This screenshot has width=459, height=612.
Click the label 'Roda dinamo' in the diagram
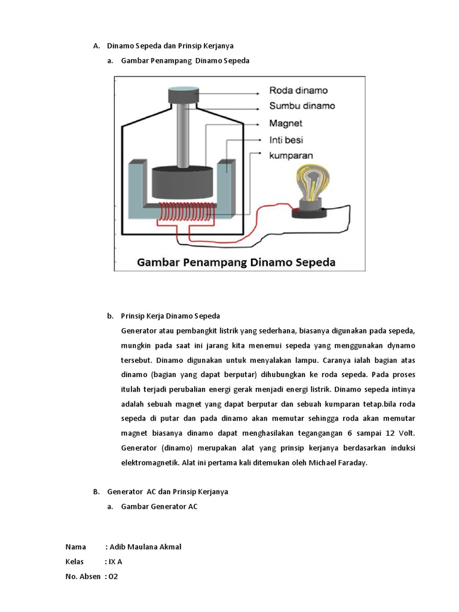(x=298, y=91)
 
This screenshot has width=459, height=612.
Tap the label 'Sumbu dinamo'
(x=302, y=106)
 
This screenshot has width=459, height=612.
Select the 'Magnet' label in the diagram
(x=286, y=124)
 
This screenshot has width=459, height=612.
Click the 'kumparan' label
(x=292, y=155)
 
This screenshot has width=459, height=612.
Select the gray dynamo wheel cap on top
(x=183, y=95)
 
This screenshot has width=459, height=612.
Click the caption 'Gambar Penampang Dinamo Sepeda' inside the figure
(x=237, y=262)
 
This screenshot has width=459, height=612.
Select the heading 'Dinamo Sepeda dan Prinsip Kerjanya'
(x=170, y=45)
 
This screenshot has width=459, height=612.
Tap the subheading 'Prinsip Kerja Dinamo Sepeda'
(x=170, y=316)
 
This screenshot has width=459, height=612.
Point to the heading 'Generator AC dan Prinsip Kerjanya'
(x=167, y=491)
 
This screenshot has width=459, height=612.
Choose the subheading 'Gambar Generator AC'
(x=159, y=506)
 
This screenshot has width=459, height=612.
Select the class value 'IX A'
(x=115, y=562)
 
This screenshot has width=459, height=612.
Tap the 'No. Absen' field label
(x=83, y=577)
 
